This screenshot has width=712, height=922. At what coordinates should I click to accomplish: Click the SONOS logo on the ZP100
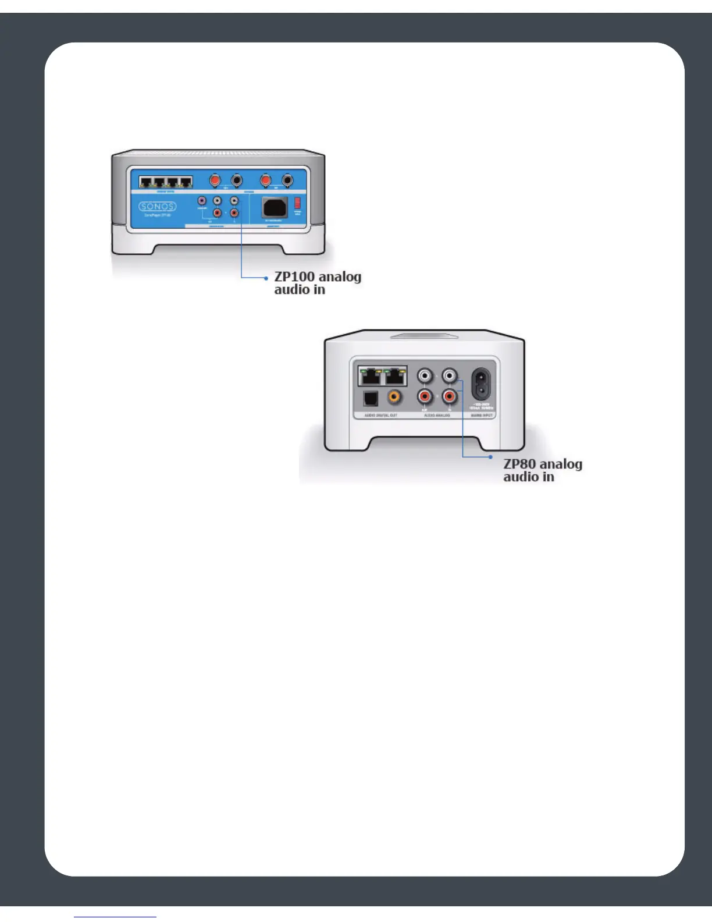[158, 206]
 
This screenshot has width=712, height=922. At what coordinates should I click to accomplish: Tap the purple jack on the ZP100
[202, 201]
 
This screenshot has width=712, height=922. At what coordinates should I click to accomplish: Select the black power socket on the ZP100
[275, 207]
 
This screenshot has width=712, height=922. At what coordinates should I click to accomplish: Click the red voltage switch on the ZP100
[297, 203]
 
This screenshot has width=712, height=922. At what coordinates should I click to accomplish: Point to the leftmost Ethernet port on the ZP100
[146, 182]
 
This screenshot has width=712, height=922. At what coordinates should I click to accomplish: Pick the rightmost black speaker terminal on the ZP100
[287, 180]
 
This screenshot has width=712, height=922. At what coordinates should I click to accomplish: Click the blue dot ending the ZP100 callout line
[266, 278]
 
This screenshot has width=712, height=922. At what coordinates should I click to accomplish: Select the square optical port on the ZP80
[370, 398]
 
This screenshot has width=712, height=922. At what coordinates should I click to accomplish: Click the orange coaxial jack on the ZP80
[394, 398]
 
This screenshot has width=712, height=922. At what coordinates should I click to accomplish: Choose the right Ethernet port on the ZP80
[396, 377]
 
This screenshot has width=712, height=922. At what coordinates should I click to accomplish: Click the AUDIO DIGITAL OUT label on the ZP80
[380, 416]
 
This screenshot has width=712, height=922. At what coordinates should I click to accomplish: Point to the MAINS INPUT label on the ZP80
[481, 416]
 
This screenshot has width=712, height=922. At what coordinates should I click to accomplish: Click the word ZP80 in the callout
[519, 464]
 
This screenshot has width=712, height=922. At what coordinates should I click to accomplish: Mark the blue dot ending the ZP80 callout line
[491, 457]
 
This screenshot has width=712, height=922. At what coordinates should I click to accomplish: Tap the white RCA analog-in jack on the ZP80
[449, 375]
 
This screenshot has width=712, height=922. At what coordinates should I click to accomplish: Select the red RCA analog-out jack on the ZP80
[425, 398]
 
